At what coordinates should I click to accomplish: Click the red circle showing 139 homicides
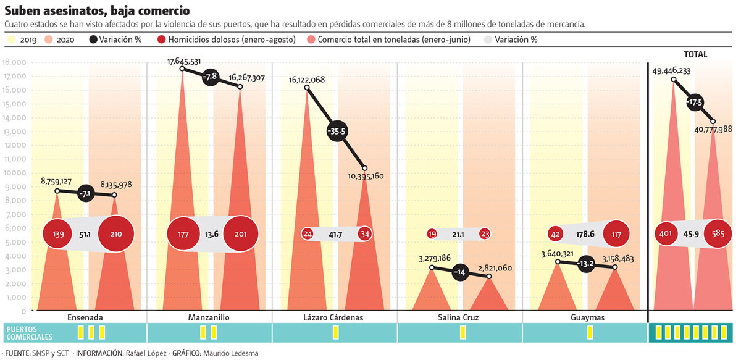tap(59, 234)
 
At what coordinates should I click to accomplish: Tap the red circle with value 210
tap(116, 234)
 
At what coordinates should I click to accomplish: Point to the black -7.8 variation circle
tap(211, 77)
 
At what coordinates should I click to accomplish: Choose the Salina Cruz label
tap(460, 317)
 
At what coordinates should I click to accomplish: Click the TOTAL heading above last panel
tap(695, 54)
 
